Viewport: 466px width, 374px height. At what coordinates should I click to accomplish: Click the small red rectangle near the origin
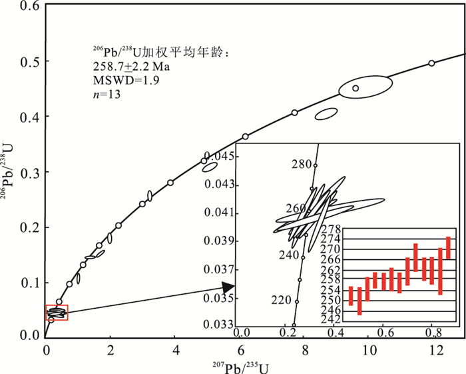[57, 312]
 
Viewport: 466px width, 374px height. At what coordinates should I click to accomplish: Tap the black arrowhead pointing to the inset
[228, 287]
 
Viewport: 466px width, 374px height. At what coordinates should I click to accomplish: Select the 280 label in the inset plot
[302, 164]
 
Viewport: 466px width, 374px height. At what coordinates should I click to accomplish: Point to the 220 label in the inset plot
[282, 300]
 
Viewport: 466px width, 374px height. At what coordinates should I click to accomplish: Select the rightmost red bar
[448, 247]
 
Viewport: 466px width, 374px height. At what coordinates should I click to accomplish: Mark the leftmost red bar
[351, 295]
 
